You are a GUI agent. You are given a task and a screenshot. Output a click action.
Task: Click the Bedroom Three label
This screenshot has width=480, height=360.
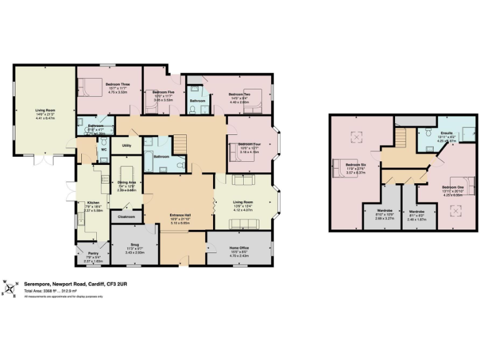pos(117,84)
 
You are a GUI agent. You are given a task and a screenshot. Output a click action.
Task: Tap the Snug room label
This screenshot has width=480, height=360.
pos(135,244)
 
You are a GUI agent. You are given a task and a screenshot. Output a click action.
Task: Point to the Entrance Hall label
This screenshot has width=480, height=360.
pos(180,216)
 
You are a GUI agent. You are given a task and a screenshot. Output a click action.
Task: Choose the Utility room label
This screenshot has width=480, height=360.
pos(126,146)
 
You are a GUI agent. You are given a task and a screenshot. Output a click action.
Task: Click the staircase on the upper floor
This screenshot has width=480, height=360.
pos(400,136)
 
